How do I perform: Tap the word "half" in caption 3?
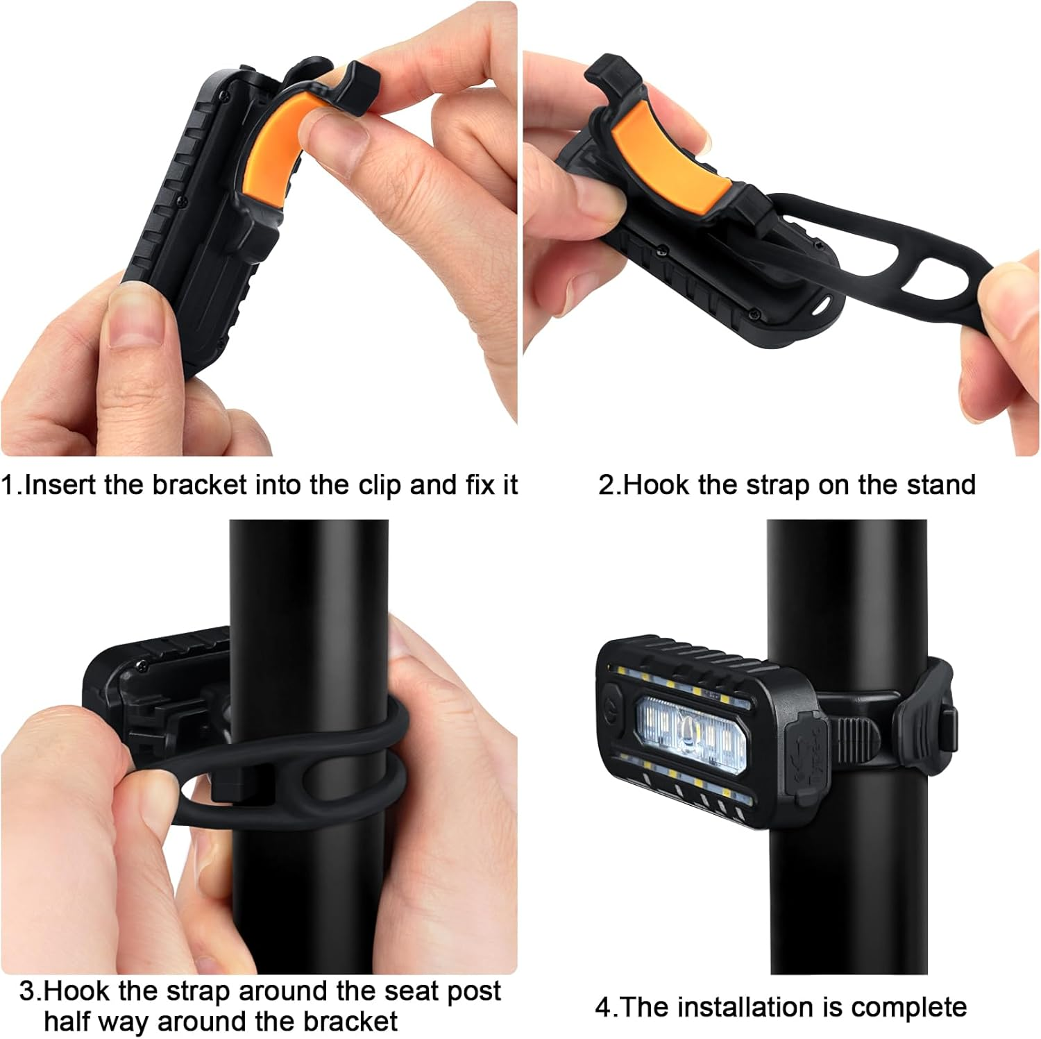click(x=68, y=1021)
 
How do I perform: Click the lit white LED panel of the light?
click(x=691, y=728)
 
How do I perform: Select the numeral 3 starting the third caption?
click(x=26, y=990)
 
